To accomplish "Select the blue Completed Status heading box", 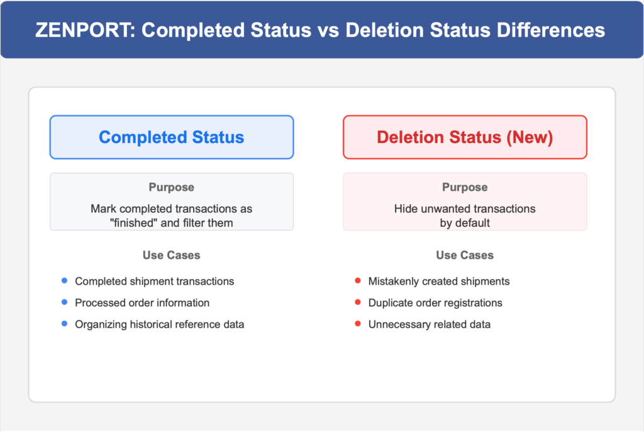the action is [172, 137].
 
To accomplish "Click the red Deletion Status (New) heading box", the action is [465, 137].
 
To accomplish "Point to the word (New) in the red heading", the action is [530, 137].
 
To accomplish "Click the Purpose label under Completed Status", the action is [171, 187].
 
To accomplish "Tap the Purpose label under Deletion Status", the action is [465, 187].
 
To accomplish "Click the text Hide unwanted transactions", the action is [465, 208].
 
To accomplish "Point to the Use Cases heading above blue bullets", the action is [171, 255].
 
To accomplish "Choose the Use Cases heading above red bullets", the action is [465, 255].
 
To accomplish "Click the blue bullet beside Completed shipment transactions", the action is [65, 281].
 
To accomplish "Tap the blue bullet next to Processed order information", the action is [65, 302].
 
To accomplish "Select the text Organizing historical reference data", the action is [159, 324].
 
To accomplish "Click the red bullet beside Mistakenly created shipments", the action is [358, 281].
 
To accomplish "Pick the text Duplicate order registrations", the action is [435, 303].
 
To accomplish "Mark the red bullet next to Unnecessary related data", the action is [358, 324].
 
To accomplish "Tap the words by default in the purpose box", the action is [465, 223].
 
